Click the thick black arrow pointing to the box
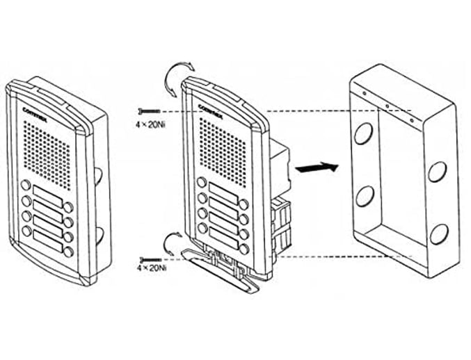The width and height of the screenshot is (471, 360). [317, 167]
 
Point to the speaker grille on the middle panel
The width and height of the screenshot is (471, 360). [223, 149]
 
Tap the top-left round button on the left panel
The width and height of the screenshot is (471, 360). [26, 186]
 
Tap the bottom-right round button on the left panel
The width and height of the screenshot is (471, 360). [69, 252]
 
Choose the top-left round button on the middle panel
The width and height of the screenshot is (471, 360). [201, 183]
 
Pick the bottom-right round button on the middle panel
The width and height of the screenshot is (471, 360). [244, 248]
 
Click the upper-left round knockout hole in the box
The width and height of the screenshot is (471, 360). [363, 133]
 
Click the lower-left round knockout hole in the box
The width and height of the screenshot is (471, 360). [364, 197]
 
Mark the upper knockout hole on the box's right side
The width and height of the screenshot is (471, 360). [437, 171]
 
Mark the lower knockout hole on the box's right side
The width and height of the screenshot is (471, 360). [438, 234]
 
